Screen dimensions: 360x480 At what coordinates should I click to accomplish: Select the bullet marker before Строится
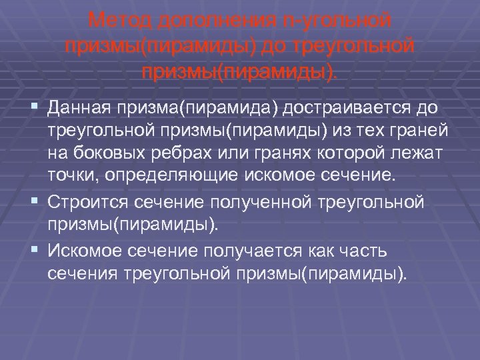pyautogui.click(x=33, y=200)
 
